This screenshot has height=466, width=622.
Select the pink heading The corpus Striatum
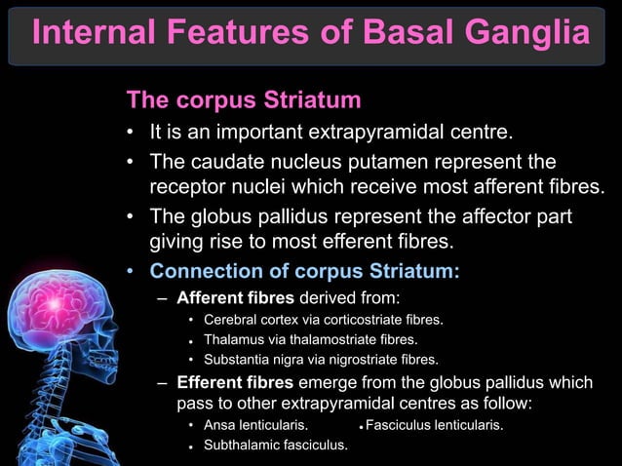tap(244, 100)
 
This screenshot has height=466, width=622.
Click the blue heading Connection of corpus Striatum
tap(304, 271)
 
